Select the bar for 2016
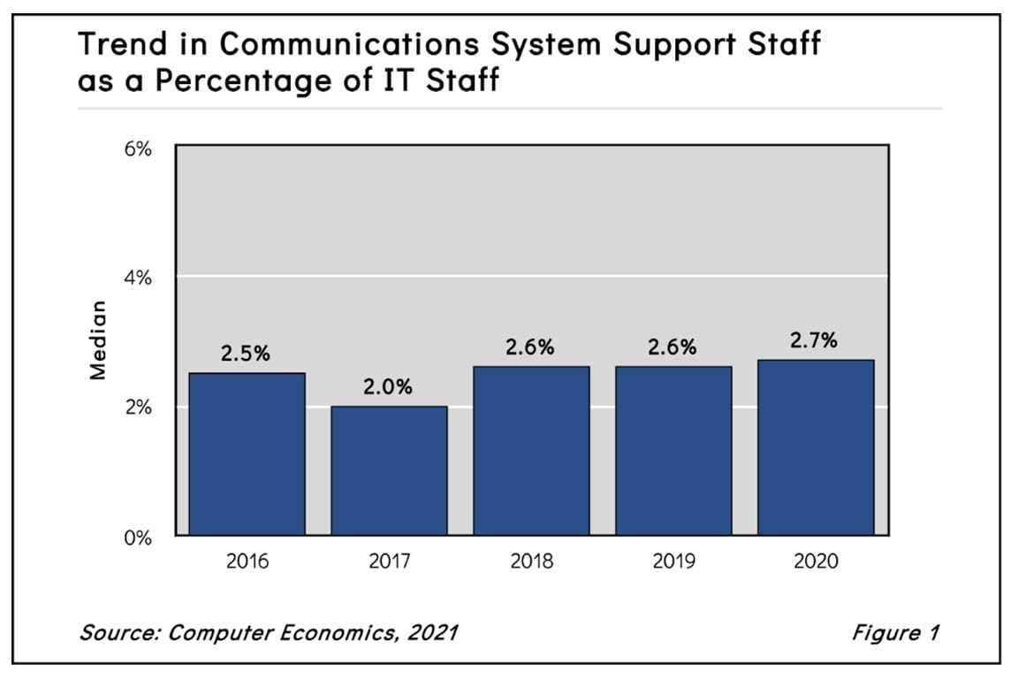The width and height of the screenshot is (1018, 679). pyautogui.click(x=247, y=454)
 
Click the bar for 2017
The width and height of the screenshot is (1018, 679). pyautogui.click(x=389, y=470)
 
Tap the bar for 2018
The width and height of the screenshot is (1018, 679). pyautogui.click(x=531, y=450)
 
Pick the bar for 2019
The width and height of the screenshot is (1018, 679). pyautogui.click(x=673, y=450)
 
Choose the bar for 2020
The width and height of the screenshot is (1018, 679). pyautogui.click(x=816, y=446)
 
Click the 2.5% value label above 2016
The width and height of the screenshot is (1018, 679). pyautogui.click(x=246, y=354)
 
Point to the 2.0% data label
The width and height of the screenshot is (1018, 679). pyautogui.click(x=388, y=387)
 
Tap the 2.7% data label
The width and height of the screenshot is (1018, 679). pyautogui.click(x=814, y=340)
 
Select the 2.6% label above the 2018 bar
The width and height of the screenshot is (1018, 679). pyautogui.click(x=530, y=347)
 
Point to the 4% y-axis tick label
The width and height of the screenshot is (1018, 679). pyautogui.click(x=138, y=278)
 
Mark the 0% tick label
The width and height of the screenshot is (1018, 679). pyautogui.click(x=138, y=538)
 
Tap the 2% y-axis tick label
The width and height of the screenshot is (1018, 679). pyautogui.click(x=138, y=408)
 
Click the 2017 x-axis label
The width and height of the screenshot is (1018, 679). pyautogui.click(x=389, y=561)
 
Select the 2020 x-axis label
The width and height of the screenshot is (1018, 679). pyautogui.click(x=816, y=561)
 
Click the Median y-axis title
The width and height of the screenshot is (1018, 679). pyautogui.click(x=99, y=340)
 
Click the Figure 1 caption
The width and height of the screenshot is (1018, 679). pyautogui.click(x=895, y=632)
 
